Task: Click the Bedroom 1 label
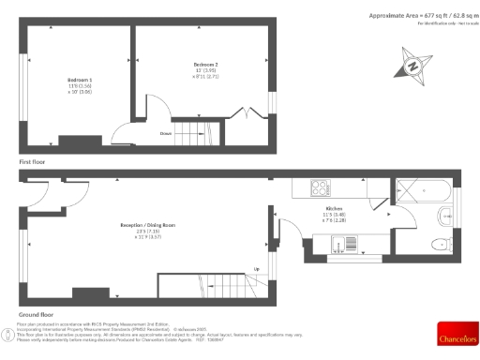coord(80,81)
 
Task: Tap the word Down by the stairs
coord(165,134)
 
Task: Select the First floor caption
coord(32,163)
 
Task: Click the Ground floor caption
coord(35,314)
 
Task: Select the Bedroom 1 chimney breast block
coord(80,142)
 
